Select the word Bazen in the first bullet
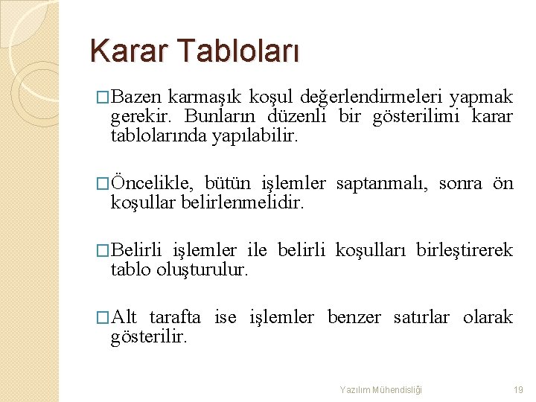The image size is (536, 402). pos(138,97)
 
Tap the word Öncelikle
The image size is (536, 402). pos(153,183)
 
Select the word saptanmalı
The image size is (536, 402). pos(382,183)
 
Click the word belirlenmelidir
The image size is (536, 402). pos(243,203)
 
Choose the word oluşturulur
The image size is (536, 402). pos(200,270)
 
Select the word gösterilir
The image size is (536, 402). pos(150,337)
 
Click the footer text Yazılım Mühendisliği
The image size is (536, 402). pos(381,389)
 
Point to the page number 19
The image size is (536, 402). pos(519,389)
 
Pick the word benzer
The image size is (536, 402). pos(354,317)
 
